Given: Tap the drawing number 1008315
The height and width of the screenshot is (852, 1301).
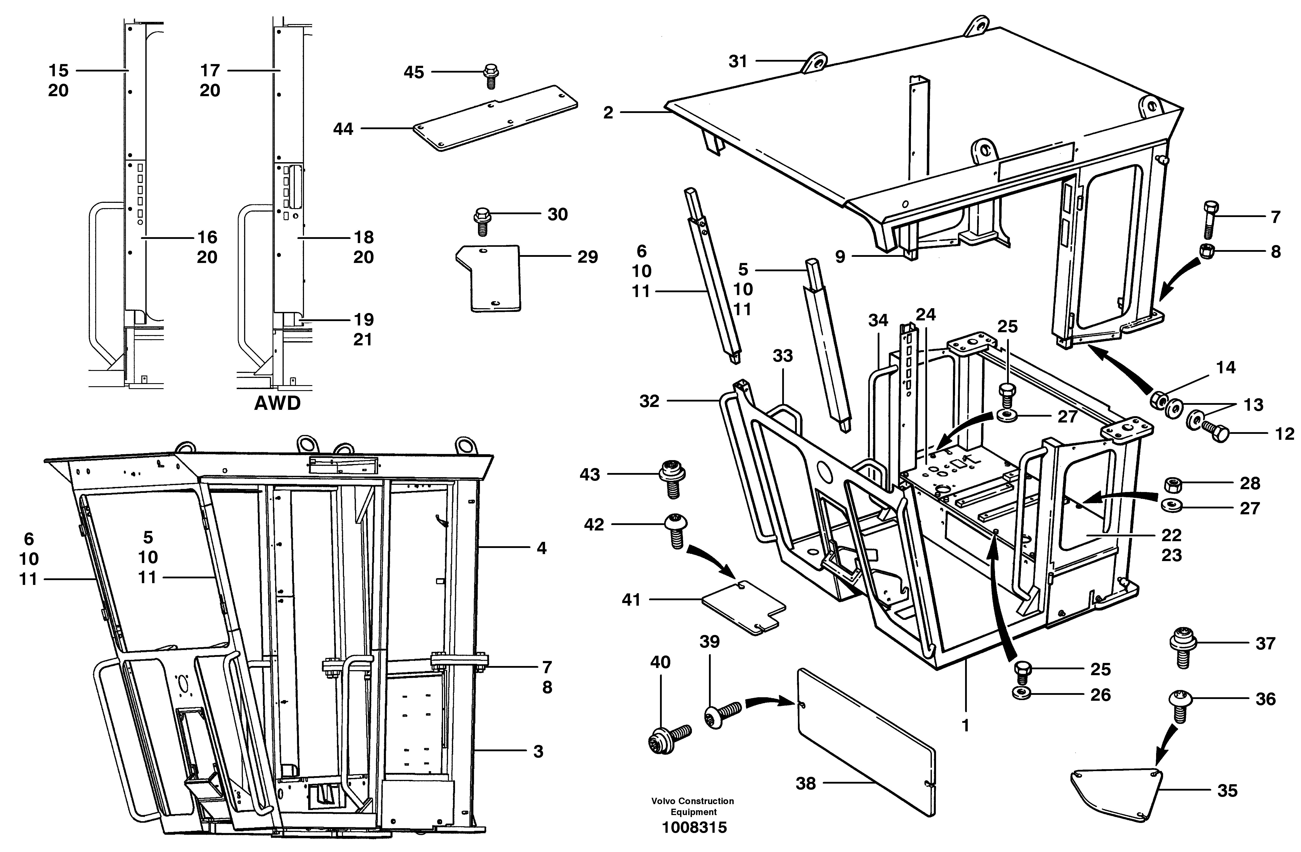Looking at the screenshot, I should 694,827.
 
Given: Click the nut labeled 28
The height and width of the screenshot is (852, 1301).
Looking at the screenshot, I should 1172,483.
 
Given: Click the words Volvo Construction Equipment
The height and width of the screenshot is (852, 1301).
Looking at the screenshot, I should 693,806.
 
